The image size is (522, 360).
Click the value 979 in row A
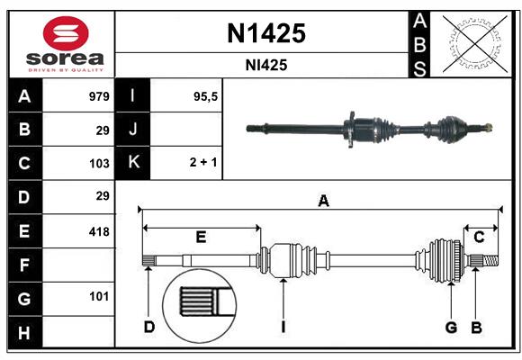99,96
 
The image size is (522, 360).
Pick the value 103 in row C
99,163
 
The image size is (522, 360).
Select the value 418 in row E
99,231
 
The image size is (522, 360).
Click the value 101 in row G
99,296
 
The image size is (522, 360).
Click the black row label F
23,265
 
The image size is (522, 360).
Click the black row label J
133,130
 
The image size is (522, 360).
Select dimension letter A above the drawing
323,202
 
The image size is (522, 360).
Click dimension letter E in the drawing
201,237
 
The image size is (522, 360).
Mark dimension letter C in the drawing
480,237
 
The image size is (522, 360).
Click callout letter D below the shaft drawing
149,327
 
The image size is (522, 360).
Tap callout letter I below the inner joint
283,327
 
